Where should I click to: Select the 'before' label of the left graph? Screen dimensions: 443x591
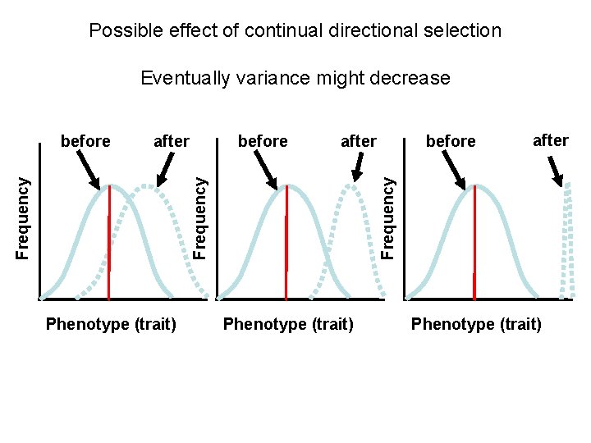[x=85, y=141]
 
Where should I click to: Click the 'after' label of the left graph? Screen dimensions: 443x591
[x=172, y=141]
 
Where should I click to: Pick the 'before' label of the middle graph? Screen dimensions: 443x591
[x=263, y=141]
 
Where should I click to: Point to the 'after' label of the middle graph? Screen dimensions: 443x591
[x=359, y=141]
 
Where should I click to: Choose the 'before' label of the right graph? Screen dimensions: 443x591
[x=451, y=141]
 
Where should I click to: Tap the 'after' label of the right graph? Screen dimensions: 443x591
[x=551, y=140]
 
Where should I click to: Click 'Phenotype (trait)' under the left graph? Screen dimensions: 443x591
[x=112, y=324]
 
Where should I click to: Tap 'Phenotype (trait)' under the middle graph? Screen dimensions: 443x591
[x=288, y=324]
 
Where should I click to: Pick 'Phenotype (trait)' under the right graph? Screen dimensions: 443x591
[x=476, y=324]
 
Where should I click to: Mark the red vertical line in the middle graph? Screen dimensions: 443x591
[x=286, y=242]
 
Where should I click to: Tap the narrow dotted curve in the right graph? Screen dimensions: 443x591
[x=566, y=238]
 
